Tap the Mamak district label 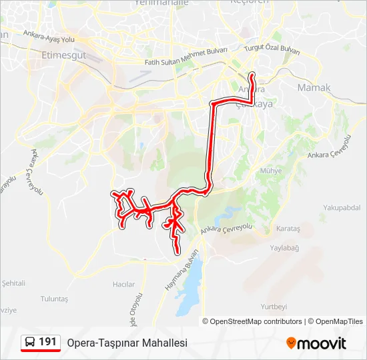[314, 88]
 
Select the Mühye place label [271, 171]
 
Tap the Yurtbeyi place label [274, 307]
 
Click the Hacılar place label [123, 284]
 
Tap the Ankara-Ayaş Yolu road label [48, 36]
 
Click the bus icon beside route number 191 [31, 343]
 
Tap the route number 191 [47, 342]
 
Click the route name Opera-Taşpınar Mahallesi [127, 343]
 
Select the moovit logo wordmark [322, 343]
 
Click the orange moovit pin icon [291, 343]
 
